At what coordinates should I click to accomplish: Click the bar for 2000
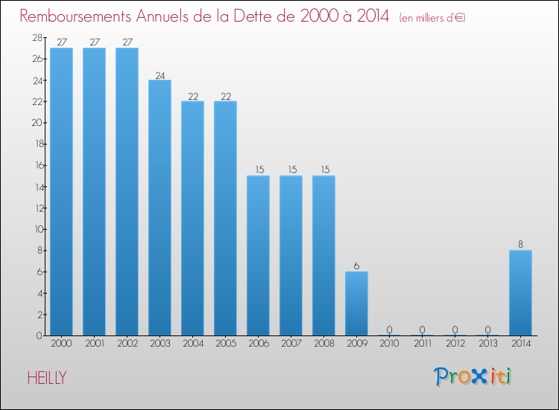(x=61, y=192)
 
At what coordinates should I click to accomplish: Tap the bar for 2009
(x=356, y=303)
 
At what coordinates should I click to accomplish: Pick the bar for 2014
(x=520, y=293)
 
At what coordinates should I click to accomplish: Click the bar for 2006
(x=258, y=256)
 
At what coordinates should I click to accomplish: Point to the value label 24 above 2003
(x=160, y=75)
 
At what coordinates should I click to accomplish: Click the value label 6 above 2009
(x=356, y=266)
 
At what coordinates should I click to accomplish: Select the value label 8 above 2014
(x=520, y=245)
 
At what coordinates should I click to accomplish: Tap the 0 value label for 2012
(x=455, y=329)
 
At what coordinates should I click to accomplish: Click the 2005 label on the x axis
(x=225, y=344)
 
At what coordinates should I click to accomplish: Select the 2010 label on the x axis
(x=389, y=344)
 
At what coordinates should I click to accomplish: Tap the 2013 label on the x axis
(x=487, y=344)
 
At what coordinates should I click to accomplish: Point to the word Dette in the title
(x=259, y=16)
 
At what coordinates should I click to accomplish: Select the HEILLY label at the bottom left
(x=47, y=378)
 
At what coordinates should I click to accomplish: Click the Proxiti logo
(x=473, y=376)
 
